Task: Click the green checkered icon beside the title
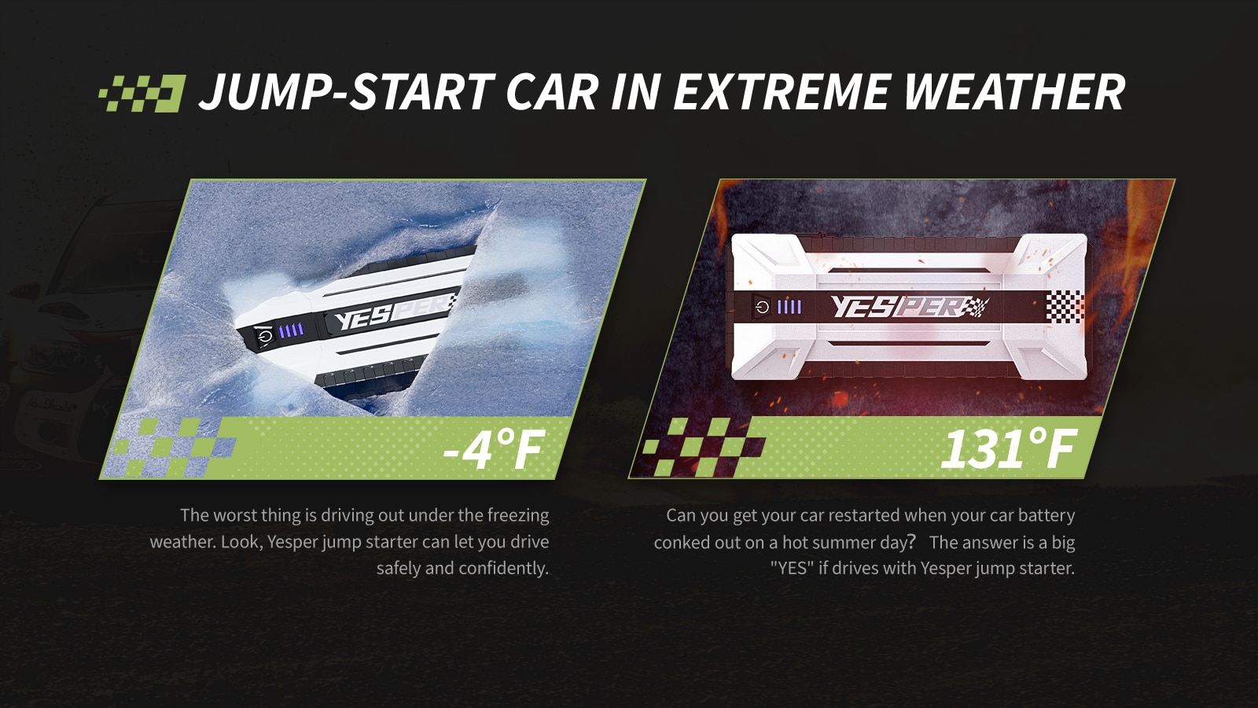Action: pyautogui.click(x=142, y=94)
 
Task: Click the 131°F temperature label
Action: pyautogui.click(x=1009, y=448)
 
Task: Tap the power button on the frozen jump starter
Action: pyautogui.click(x=264, y=337)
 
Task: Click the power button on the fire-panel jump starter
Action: pyautogui.click(x=762, y=307)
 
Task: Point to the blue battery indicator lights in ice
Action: pyautogui.click(x=292, y=330)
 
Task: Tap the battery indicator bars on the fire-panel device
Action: pyautogui.click(x=789, y=307)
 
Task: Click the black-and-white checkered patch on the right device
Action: pyautogui.click(x=1065, y=307)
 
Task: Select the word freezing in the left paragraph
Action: pyautogui.click(x=518, y=515)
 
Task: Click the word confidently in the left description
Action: pyautogui.click(x=503, y=568)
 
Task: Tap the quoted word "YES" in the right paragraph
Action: pyautogui.click(x=792, y=568)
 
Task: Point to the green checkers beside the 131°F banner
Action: pyautogui.click(x=703, y=448)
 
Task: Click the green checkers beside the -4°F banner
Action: pyautogui.click(x=174, y=448)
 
